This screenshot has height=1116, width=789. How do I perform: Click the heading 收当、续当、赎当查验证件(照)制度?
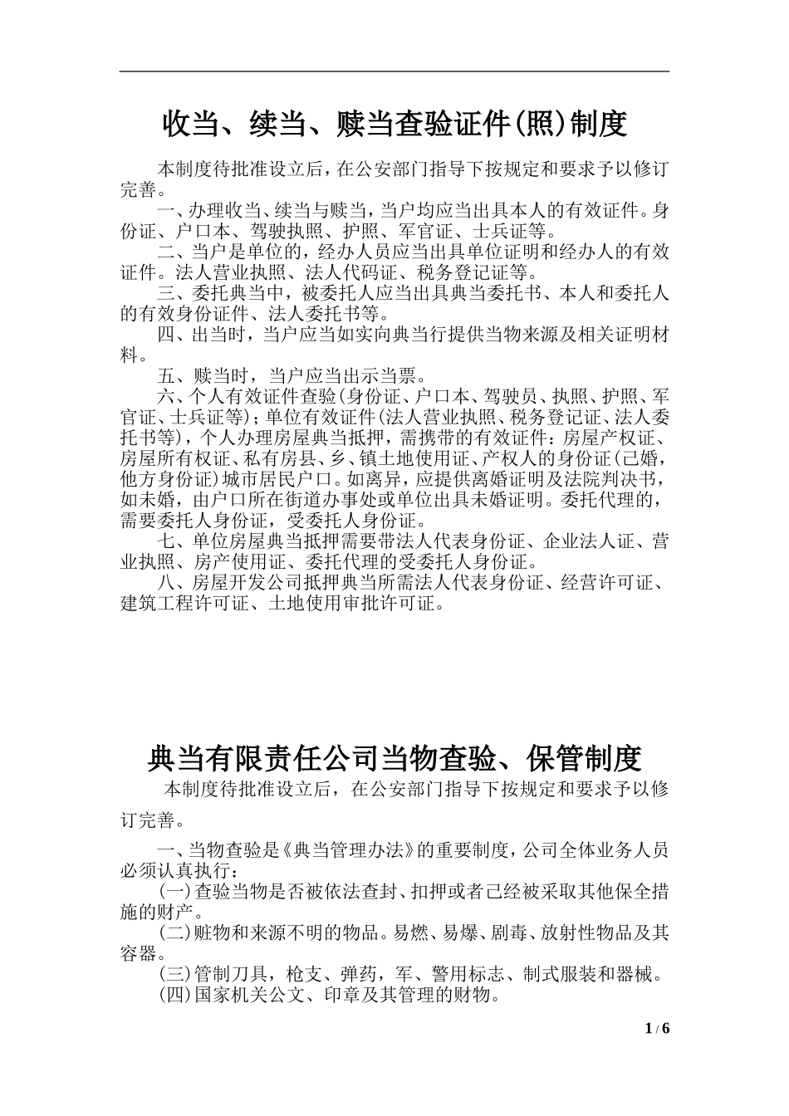pyautogui.click(x=394, y=125)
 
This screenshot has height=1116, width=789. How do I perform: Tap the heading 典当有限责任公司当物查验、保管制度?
pyautogui.click(x=394, y=758)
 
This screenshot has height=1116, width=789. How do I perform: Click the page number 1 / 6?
pyautogui.click(x=657, y=1029)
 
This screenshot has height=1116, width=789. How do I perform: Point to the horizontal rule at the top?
pyautogui.click(x=394, y=71)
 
